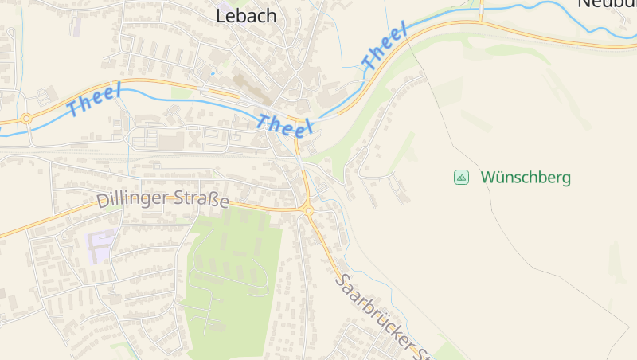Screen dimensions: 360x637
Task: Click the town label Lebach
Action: click(247, 15)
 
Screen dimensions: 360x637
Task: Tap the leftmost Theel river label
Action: click(95, 100)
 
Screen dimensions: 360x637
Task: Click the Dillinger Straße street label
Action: click(162, 200)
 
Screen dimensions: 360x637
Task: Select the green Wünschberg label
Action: click(526, 177)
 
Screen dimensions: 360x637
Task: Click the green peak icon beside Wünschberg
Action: click(461, 177)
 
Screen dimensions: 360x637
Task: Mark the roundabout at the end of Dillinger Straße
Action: click(308, 210)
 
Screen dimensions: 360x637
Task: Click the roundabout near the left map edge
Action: click(26, 119)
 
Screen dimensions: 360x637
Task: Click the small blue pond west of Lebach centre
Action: click(213, 73)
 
